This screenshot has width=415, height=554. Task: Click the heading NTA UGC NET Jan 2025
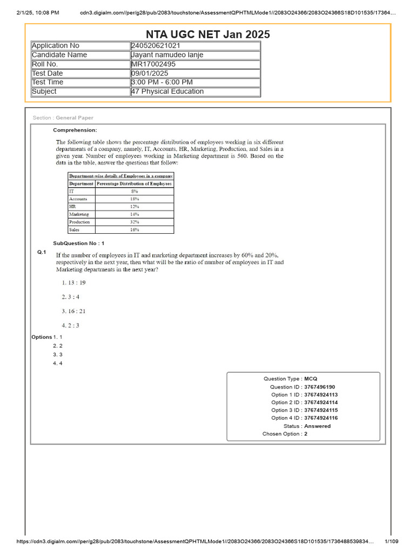coord(208,35)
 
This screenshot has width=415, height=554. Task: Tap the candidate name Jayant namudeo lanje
coord(168,55)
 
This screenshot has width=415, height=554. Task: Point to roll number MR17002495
coord(153,64)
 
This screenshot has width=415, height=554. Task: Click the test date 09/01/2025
coord(150,74)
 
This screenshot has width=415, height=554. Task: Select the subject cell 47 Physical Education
coord(168,91)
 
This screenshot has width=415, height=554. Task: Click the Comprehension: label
coord(75,130)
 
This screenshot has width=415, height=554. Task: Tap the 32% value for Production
coord(135,222)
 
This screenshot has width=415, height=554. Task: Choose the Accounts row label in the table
coord(78,199)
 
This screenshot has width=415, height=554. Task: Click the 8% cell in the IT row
coord(135,192)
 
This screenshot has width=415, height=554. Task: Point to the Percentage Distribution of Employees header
coord(135,183)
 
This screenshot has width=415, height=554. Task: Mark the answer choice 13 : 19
coord(74,282)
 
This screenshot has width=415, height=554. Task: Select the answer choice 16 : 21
coord(74,311)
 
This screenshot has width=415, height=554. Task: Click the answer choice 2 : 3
coord(71,325)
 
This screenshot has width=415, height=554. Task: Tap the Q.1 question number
coord(42,253)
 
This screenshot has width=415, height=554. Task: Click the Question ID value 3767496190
coord(319,387)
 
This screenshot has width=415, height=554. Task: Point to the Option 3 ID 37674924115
coord(321,411)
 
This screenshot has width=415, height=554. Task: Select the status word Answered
coord(317,426)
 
